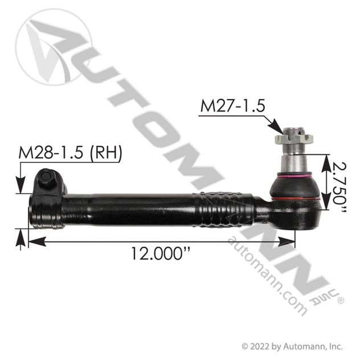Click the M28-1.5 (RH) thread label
(70, 152)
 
